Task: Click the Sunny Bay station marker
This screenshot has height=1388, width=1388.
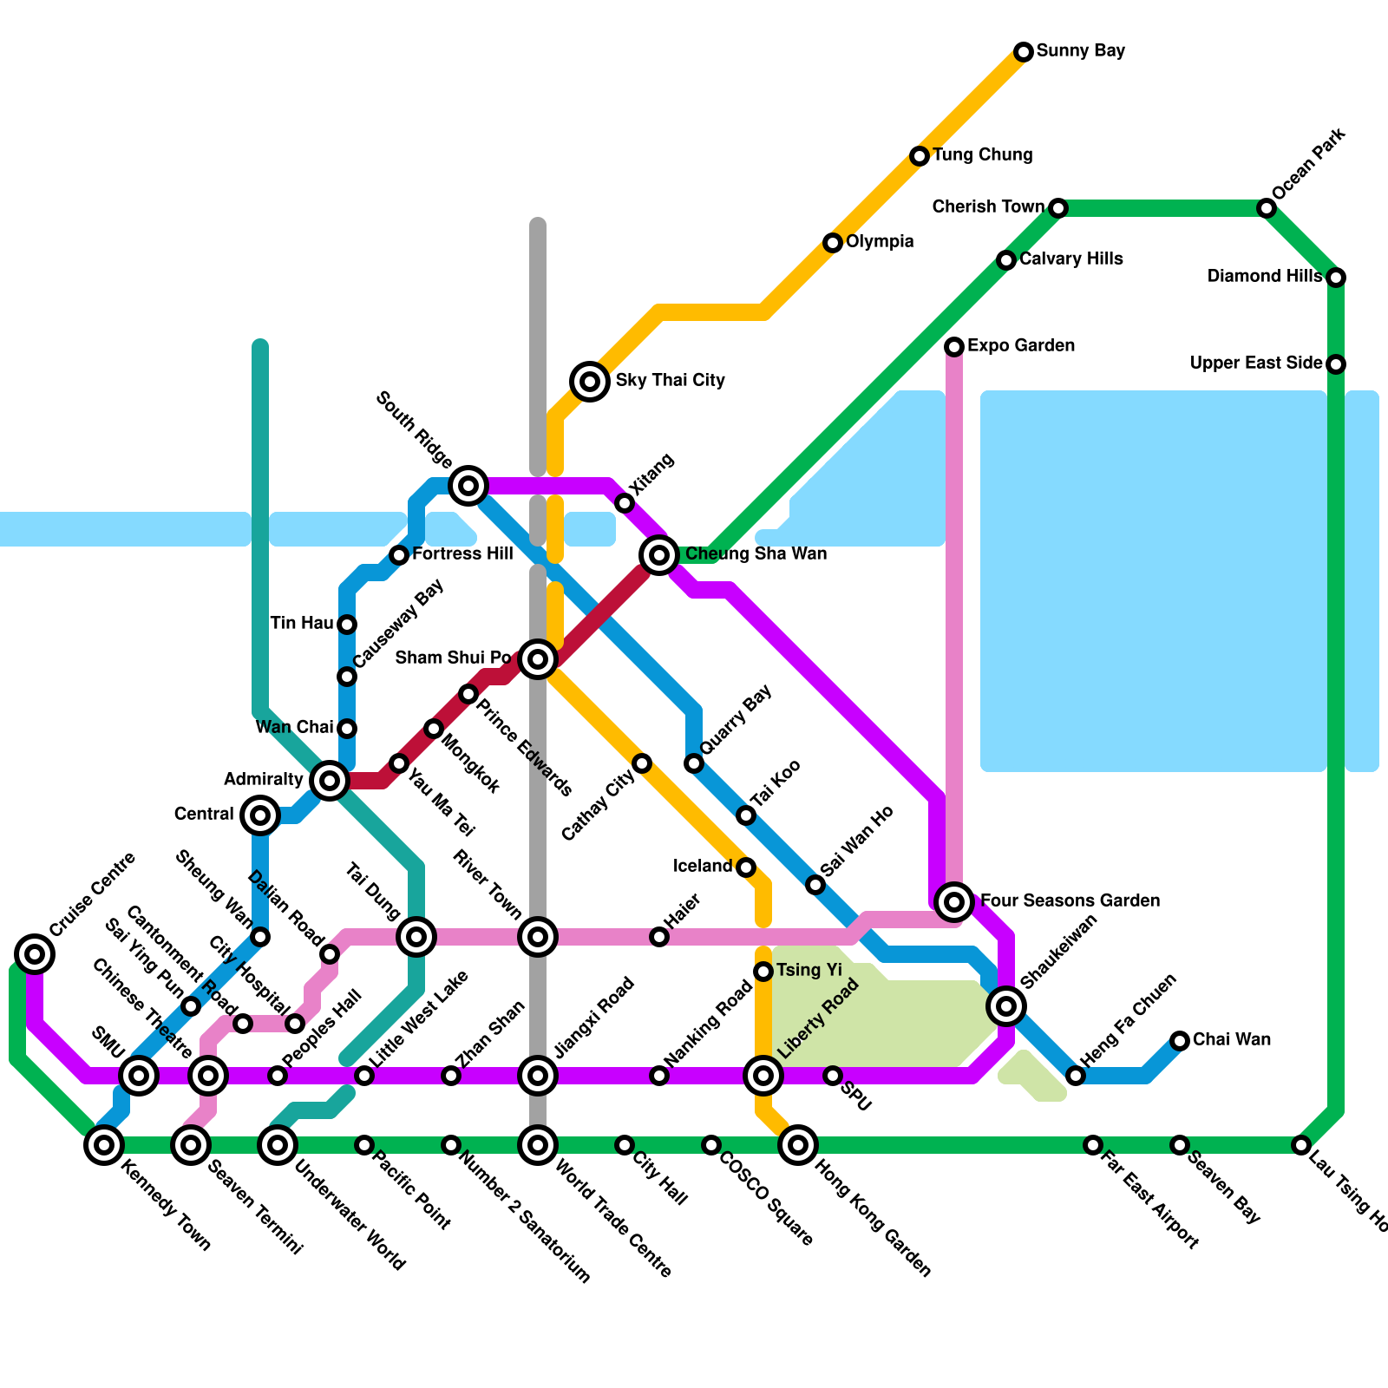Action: pyautogui.click(x=1024, y=52)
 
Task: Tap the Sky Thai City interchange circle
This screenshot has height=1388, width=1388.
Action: pyautogui.click(x=590, y=381)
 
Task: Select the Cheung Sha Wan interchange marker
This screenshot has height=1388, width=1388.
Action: pyautogui.click(x=659, y=554)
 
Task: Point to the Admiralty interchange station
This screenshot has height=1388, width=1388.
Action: pyautogui.click(x=329, y=781)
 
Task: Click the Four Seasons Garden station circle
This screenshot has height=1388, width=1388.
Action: pyautogui.click(x=954, y=902)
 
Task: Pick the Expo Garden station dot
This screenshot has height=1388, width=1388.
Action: pyautogui.click(x=954, y=347)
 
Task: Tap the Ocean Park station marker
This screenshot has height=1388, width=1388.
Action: pyautogui.click(x=1267, y=208)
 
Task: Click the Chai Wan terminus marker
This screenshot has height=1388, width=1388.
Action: pyautogui.click(x=1180, y=1041)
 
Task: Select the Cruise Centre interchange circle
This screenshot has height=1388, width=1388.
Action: pyautogui.click(x=35, y=954)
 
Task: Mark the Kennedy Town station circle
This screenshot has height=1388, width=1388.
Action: pyautogui.click(x=104, y=1145)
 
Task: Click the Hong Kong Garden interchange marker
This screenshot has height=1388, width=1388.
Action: pyautogui.click(x=798, y=1145)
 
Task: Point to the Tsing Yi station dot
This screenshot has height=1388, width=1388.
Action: pyautogui.click(x=763, y=972)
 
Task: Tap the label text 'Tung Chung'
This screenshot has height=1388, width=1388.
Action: pyautogui.click(x=982, y=155)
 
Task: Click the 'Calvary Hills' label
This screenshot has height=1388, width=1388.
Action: pyautogui.click(x=1070, y=259)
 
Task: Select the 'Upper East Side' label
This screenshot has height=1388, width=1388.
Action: pyautogui.click(x=1255, y=363)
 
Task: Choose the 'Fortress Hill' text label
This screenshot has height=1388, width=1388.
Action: pyautogui.click(x=462, y=554)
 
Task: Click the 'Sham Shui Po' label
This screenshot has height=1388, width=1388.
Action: pyautogui.click(x=453, y=658)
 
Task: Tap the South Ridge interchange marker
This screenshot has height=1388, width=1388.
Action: pyautogui.click(x=468, y=485)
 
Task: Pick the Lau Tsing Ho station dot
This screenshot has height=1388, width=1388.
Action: pyautogui.click(x=1300, y=1145)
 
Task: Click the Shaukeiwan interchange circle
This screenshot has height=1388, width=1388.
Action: pyautogui.click(x=1006, y=1006)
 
